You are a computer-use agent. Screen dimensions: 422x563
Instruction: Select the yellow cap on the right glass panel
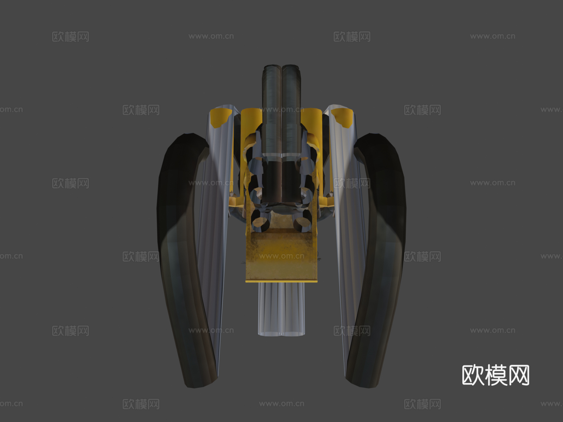(x=342, y=117)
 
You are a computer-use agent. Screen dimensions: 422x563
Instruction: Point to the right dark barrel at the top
(x=292, y=103)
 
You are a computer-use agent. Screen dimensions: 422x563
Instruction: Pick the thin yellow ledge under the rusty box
(x=281, y=281)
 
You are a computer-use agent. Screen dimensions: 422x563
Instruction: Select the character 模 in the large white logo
(x=495, y=375)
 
